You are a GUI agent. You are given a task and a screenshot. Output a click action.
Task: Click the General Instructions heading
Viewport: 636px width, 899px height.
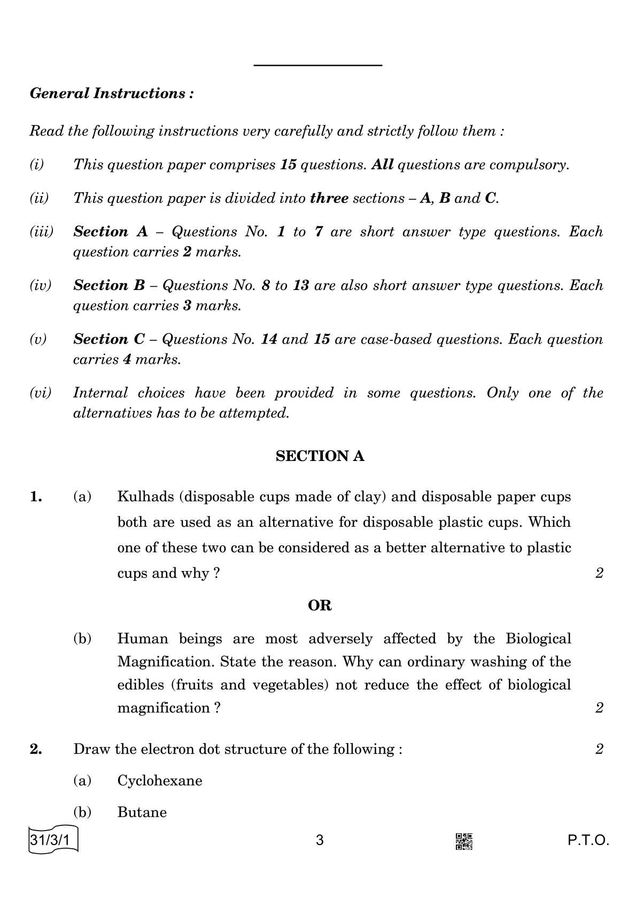pyautogui.click(x=112, y=93)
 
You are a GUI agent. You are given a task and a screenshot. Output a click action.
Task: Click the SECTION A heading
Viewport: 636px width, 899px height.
pyautogui.click(x=320, y=456)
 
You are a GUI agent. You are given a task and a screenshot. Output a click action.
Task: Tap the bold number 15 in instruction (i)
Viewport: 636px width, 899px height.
pyautogui.click(x=288, y=165)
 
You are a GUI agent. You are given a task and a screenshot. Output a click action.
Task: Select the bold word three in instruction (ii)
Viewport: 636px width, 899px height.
pyautogui.click(x=329, y=198)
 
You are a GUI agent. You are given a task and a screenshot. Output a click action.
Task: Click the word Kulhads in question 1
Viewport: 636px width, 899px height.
pyautogui.click(x=145, y=497)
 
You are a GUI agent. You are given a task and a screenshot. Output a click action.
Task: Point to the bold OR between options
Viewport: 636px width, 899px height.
pyautogui.click(x=320, y=605)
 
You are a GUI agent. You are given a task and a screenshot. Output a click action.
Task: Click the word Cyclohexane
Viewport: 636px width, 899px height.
pyautogui.click(x=160, y=780)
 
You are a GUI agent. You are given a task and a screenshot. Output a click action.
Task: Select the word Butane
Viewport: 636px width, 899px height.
pyautogui.click(x=142, y=812)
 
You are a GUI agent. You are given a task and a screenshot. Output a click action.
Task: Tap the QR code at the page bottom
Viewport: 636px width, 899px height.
pyautogui.click(x=463, y=841)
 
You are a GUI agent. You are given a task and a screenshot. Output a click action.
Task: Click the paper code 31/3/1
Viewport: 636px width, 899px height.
pyautogui.click(x=51, y=840)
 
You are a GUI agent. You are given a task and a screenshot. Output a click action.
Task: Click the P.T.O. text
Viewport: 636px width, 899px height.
pyautogui.click(x=588, y=841)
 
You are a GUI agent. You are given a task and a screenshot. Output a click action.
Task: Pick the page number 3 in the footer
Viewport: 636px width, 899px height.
pyautogui.click(x=320, y=841)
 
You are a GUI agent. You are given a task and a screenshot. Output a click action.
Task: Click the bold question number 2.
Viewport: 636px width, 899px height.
pyautogui.click(x=36, y=749)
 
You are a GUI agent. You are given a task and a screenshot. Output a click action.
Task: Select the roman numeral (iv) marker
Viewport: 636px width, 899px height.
pyautogui.click(x=41, y=286)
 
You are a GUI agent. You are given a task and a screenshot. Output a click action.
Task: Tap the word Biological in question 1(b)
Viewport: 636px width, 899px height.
pyautogui.click(x=538, y=638)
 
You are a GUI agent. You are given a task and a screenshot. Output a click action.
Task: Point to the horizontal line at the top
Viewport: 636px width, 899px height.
pyautogui.click(x=318, y=65)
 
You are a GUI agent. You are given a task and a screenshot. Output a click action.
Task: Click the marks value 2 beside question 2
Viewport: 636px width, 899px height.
pyautogui.click(x=599, y=749)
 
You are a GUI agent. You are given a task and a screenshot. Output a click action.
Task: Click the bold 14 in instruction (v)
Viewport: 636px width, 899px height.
pyautogui.click(x=268, y=339)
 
